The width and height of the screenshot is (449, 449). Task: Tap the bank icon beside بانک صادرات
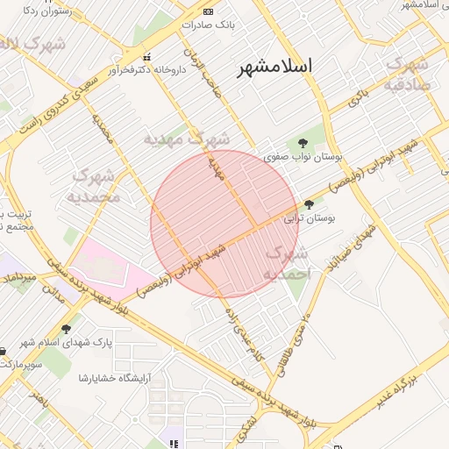208,11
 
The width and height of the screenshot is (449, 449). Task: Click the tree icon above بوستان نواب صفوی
303,142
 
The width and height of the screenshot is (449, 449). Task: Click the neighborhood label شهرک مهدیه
187,138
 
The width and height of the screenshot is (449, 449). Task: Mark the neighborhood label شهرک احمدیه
288,263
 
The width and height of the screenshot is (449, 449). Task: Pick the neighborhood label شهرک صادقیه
407,75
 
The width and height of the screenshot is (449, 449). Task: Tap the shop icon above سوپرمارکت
8,351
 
